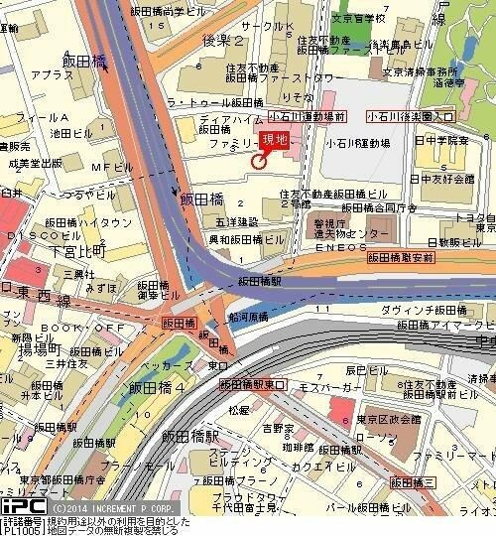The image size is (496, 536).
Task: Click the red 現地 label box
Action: (x=273, y=140)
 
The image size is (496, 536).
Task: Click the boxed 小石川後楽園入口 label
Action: (x=410, y=116)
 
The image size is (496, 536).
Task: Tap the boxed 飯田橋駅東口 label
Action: (x=252, y=384)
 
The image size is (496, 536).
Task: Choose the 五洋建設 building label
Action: (x=240, y=221)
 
